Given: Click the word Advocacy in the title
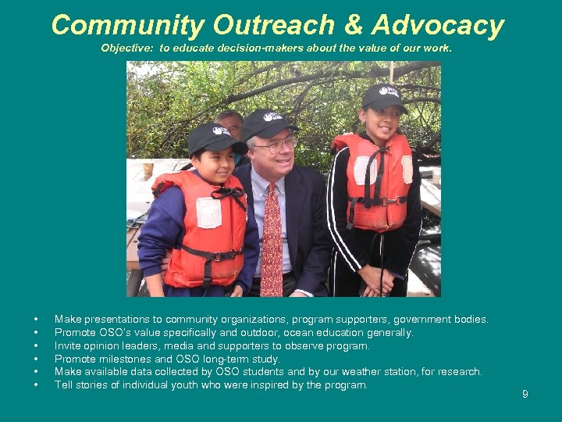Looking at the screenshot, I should point(438,25).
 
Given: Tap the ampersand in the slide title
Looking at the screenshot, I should point(353,25).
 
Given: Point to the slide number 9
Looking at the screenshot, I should point(525,394).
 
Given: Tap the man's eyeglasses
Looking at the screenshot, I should point(275,145).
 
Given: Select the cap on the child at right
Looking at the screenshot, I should point(382,97).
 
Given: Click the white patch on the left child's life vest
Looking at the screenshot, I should point(208,213).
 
